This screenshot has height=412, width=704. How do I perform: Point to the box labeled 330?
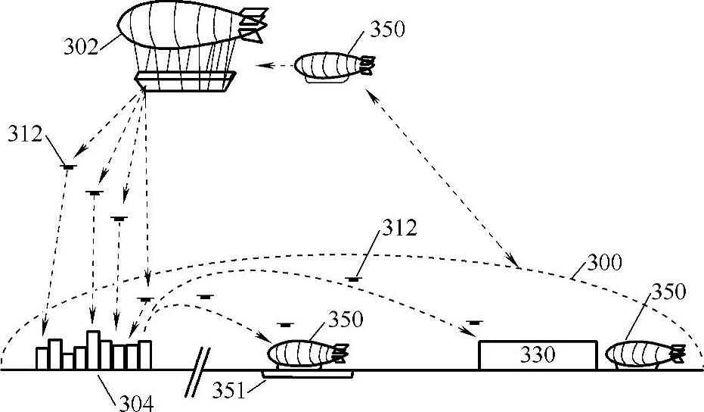(x=537, y=354)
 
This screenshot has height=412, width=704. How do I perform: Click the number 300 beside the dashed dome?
(x=604, y=264)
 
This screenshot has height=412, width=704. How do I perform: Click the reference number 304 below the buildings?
(x=135, y=403)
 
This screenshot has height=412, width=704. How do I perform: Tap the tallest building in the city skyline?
(x=94, y=349)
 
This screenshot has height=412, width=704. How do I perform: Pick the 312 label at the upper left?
(x=25, y=134)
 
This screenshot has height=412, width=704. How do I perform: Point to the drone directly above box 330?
(x=474, y=323)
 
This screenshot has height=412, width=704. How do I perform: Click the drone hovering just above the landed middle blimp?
(x=284, y=325)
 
